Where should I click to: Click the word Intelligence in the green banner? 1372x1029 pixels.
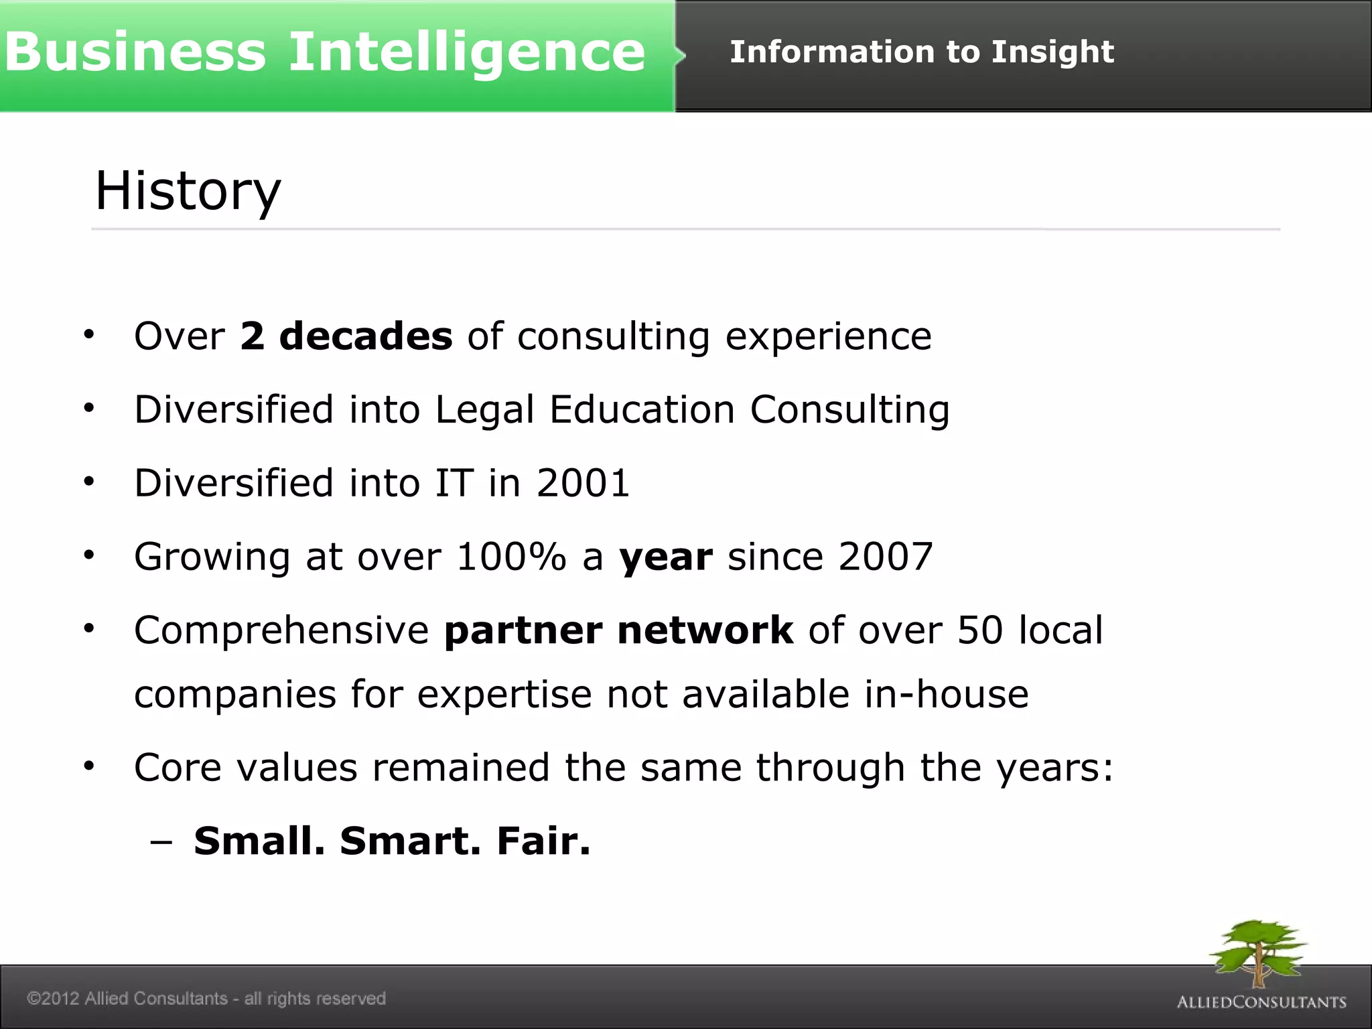[467, 54]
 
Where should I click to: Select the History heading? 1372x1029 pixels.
[188, 192]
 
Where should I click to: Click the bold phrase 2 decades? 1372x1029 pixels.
[346, 336]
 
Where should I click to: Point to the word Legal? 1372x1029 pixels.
[484, 409]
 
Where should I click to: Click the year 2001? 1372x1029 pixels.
[583, 483]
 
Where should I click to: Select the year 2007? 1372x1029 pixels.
[885, 557]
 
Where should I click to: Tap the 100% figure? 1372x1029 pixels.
[511, 557]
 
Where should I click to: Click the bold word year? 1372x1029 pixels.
[665, 558]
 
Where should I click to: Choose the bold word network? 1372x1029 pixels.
[705, 630]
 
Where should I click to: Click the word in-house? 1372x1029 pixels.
[946, 694]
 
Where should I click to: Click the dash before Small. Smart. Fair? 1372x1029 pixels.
[161, 842]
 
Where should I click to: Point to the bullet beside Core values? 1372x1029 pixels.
[89, 766]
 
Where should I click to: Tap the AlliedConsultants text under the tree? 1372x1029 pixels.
[1261, 1002]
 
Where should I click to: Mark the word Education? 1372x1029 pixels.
[642, 409]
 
